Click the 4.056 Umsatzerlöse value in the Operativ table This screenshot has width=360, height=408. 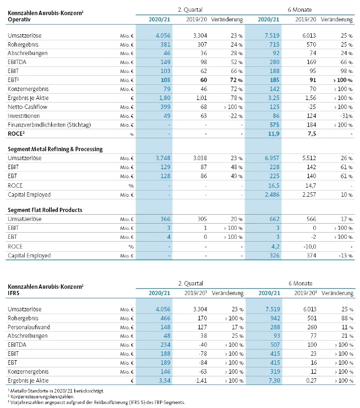[x=159, y=36]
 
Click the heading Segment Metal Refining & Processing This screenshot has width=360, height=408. [x=55, y=149]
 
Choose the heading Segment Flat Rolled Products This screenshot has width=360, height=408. [x=45, y=210]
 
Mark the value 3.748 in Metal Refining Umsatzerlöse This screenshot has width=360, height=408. [x=159, y=159]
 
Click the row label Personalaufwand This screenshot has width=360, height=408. [x=29, y=327]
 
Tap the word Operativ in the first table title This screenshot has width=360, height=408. [x=19, y=20]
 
